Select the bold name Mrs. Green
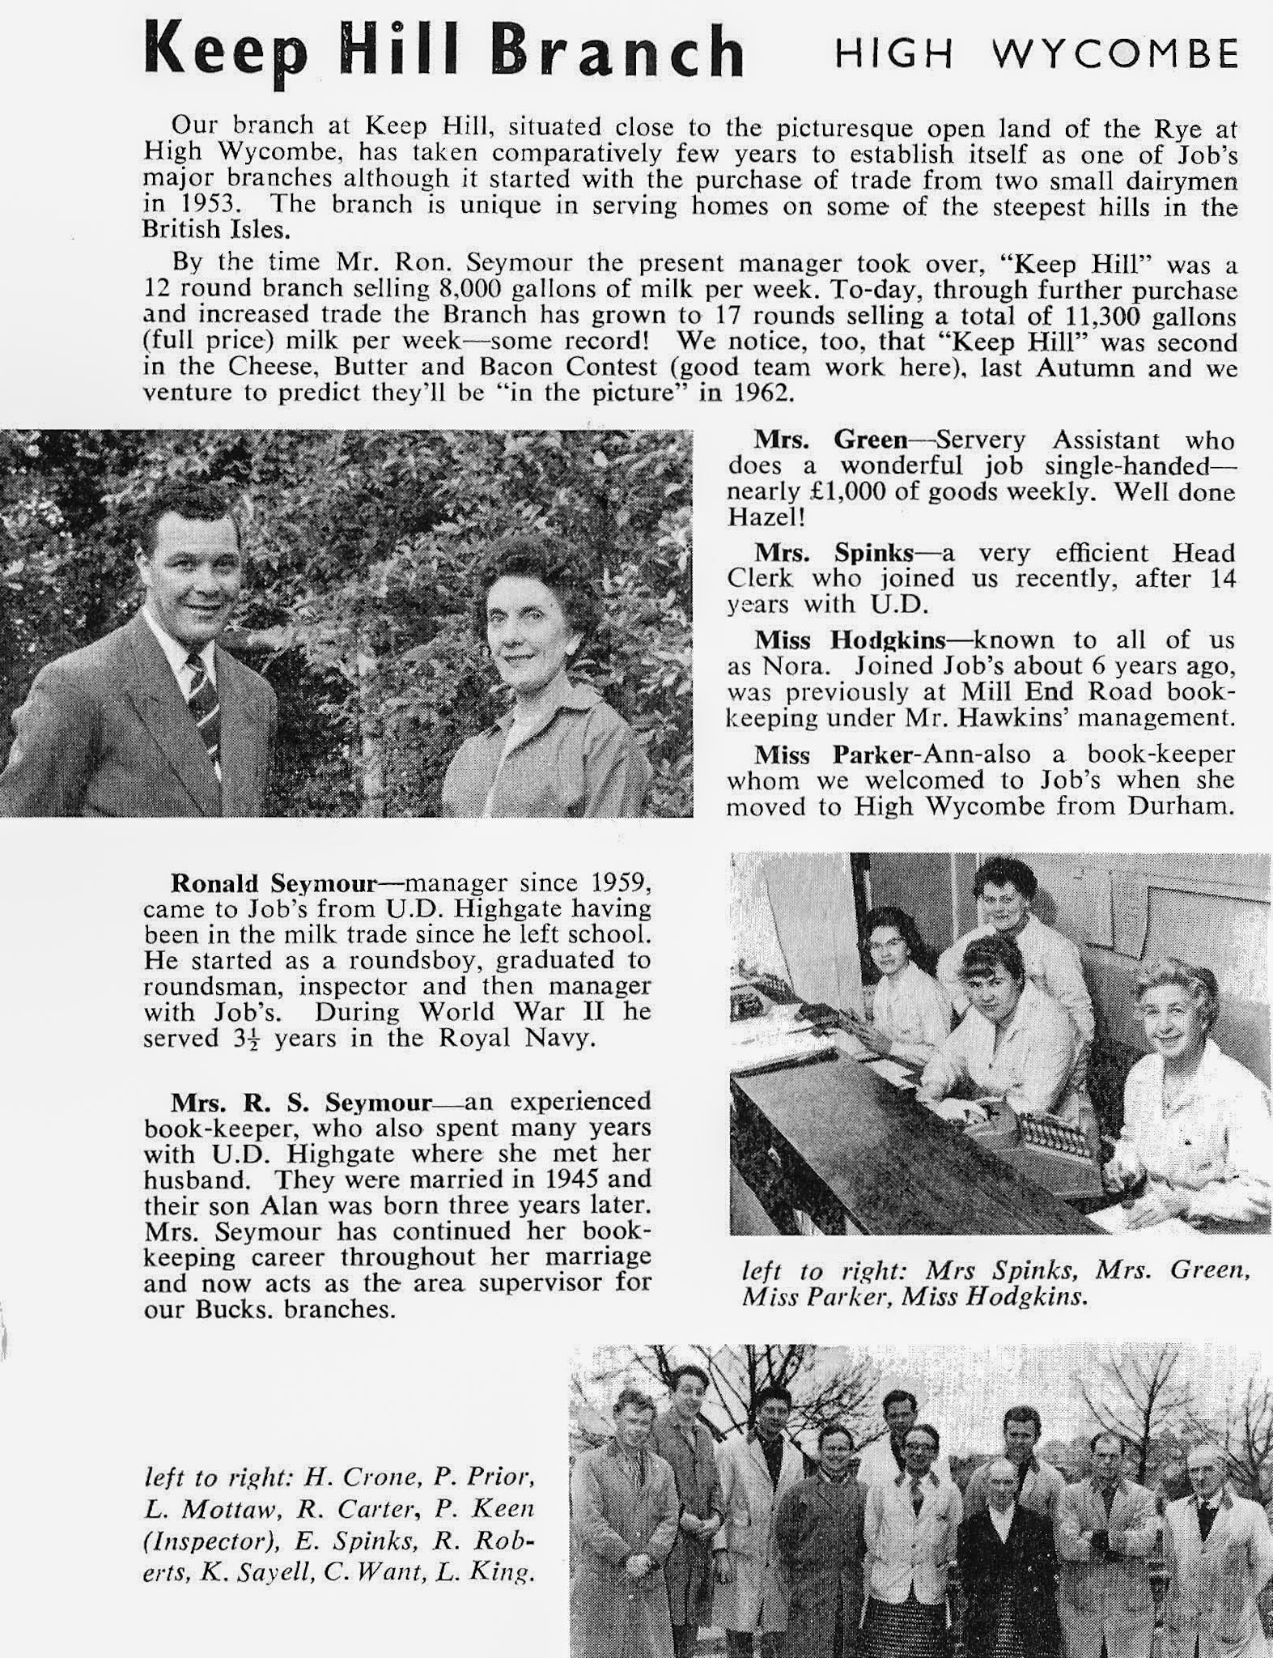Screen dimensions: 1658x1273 pos(830,440)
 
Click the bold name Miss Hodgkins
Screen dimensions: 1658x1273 pos(850,640)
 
